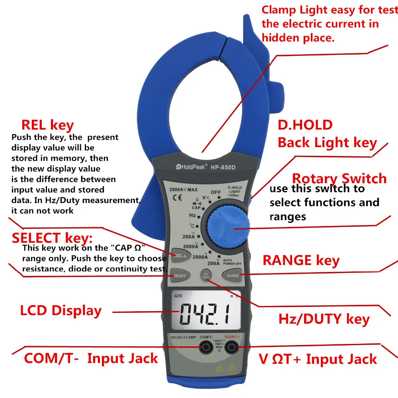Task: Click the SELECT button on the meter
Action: click(x=180, y=275)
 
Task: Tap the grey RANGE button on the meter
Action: click(x=232, y=275)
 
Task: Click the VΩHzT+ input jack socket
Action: click(x=231, y=348)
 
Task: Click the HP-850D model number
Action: click(x=223, y=168)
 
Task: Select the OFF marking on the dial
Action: click(x=215, y=192)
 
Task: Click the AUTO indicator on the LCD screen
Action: click(x=178, y=296)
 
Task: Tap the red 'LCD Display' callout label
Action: click(x=61, y=310)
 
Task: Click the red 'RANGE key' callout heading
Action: click(x=301, y=260)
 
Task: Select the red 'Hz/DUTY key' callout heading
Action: click(x=324, y=319)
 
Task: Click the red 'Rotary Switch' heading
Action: click(x=339, y=178)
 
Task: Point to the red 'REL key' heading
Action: click(x=47, y=125)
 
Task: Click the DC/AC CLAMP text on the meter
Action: click(x=183, y=338)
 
